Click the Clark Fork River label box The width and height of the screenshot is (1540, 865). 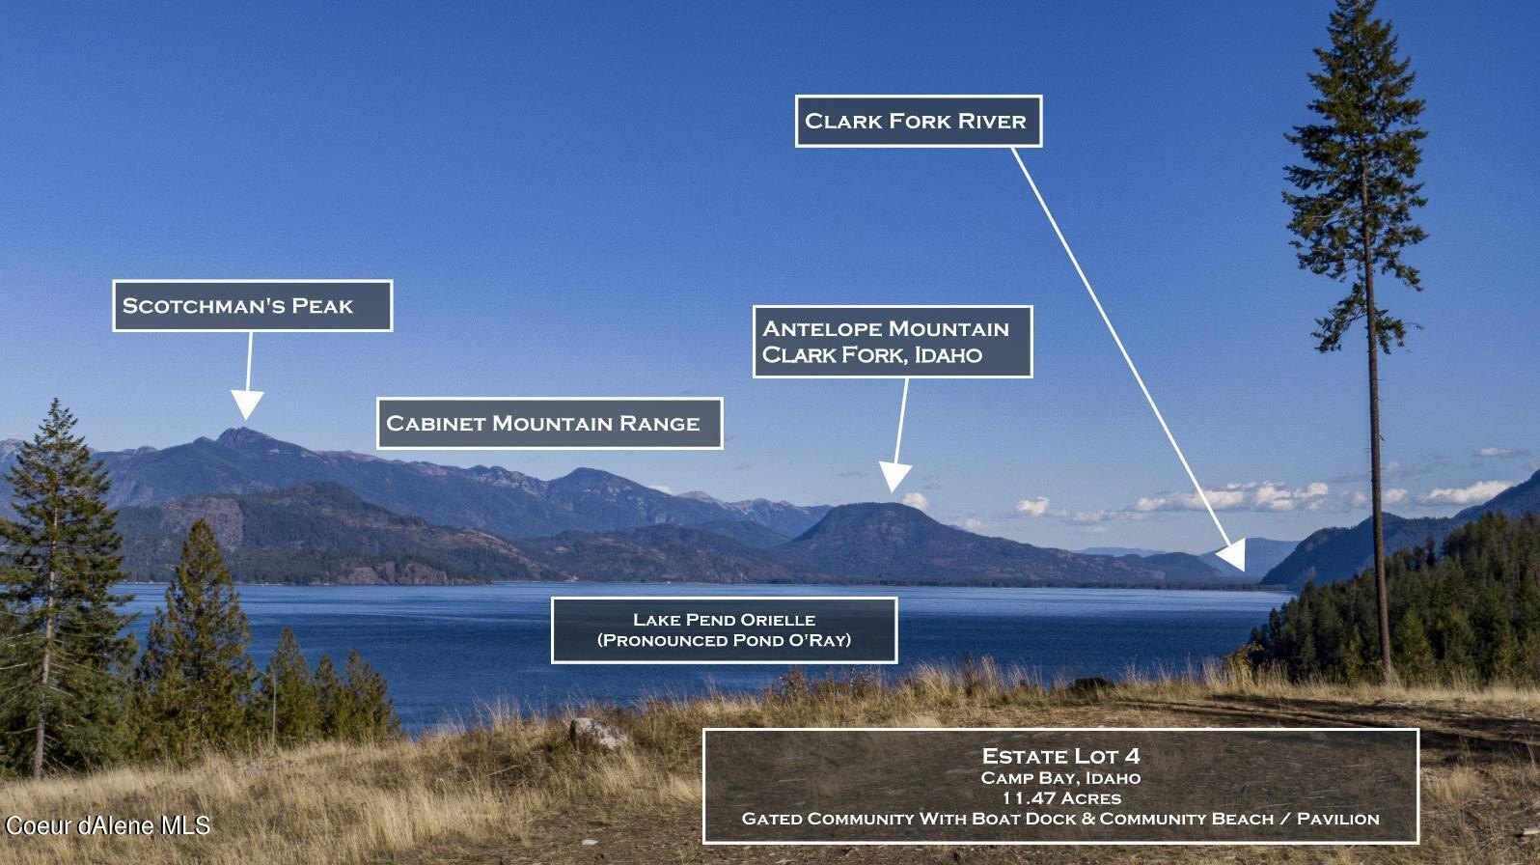[x=919, y=121]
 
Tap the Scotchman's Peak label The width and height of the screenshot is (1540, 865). [x=252, y=305]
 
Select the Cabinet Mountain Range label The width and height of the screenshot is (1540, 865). [x=549, y=423]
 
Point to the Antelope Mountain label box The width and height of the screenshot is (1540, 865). [x=893, y=342]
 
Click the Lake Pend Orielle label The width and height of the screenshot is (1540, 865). [x=724, y=629]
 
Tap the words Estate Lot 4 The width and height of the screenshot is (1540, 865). [x=1060, y=756]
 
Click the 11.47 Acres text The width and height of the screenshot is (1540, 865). [x=1060, y=798]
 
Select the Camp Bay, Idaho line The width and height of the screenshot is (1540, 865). [x=1060, y=778]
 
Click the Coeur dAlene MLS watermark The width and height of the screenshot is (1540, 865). [x=108, y=825]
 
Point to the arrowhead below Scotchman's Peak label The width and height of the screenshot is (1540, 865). [x=247, y=403]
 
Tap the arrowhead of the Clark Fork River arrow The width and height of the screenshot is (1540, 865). [x=1233, y=555]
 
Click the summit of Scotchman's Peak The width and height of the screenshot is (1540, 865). [x=240, y=432]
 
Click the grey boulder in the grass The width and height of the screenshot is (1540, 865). [x=597, y=733]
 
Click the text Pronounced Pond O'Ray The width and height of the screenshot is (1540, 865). [x=724, y=640]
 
